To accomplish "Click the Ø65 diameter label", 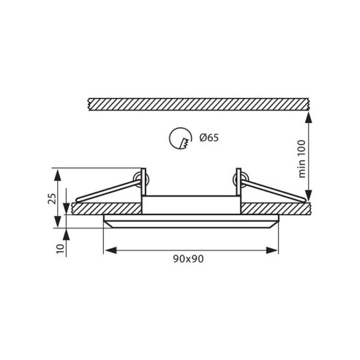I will pyautogui.click(x=209, y=138).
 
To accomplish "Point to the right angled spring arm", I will pyautogui.click(x=274, y=190).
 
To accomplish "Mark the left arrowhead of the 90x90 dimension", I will pyautogui.click(x=108, y=250).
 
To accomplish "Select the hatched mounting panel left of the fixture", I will pyautogui.click(x=106, y=209).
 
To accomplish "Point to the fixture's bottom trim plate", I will pyautogui.click(x=190, y=222).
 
